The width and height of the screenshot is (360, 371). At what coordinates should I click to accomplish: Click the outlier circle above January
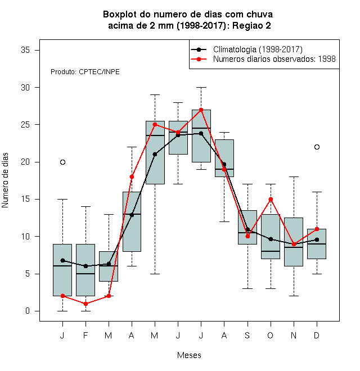tap(62, 162)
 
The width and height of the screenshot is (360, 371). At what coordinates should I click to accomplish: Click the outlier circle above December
tap(317, 147)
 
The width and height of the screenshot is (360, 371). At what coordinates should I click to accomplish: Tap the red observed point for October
tap(271, 199)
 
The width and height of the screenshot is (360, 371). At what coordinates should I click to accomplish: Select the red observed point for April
tap(132, 177)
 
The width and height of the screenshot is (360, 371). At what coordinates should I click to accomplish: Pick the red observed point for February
tap(85, 304)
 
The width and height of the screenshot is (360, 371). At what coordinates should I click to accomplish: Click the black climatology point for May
tap(155, 154)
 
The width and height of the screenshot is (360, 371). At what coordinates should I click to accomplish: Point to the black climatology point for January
tap(62, 260)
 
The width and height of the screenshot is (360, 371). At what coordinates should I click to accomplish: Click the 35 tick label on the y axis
tap(25, 50)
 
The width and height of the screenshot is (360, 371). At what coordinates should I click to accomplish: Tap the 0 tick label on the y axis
tap(28, 311)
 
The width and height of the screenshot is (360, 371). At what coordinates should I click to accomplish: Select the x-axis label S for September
tap(247, 335)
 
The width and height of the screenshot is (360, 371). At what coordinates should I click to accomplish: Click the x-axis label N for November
tap(294, 335)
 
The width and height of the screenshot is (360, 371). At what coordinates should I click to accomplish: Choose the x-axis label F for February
tap(85, 335)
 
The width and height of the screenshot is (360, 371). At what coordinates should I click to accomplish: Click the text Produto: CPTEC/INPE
tap(85, 72)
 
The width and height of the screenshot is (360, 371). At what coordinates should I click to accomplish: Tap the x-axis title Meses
tap(189, 355)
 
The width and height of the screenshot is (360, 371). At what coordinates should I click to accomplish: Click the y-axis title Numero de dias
tap(5, 180)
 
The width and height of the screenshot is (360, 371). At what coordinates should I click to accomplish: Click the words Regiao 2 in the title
tap(251, 25)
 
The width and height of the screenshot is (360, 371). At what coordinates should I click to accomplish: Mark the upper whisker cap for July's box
tap(201, 87)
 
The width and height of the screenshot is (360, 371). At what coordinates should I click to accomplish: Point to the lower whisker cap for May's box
tap(155, 274)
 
